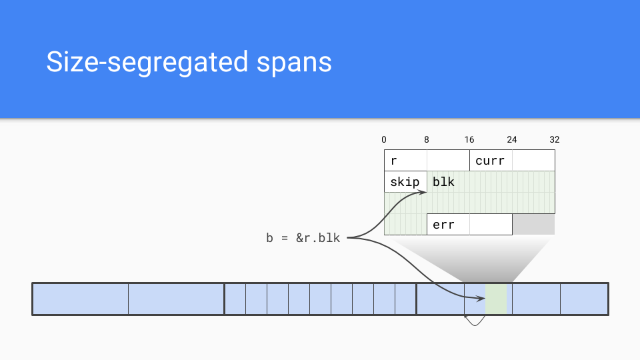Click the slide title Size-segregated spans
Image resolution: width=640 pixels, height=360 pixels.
coord(189,62)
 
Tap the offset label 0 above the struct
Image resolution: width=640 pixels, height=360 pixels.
coord(384,140)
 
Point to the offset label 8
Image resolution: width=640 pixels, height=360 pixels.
coord(427,140)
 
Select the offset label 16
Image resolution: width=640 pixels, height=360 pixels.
coord(469,140)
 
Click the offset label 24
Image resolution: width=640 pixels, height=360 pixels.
coord(512,140)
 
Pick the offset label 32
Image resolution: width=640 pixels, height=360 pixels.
coord(555,140)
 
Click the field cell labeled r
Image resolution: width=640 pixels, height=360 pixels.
coord(405,161)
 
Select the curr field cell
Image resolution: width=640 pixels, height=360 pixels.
coord(491,161)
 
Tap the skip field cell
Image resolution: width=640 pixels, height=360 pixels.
coord(405,182)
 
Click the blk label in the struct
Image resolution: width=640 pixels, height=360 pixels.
coord(443,182)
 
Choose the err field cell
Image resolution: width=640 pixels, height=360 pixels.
coord(448,225)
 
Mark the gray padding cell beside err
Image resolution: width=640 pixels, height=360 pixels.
coord(533,225)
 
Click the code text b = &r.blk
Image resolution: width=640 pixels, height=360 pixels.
coord(303,237)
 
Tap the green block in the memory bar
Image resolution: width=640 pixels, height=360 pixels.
coord(496,299)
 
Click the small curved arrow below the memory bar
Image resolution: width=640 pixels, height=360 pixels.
coord(475,322)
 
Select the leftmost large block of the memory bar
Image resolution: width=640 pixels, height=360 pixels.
coord(80,299)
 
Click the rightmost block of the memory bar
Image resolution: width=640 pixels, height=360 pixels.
coord(584,299)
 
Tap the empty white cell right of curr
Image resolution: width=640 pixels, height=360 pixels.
coord(533,161)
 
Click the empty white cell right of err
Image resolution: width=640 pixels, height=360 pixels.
coord(491,225)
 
